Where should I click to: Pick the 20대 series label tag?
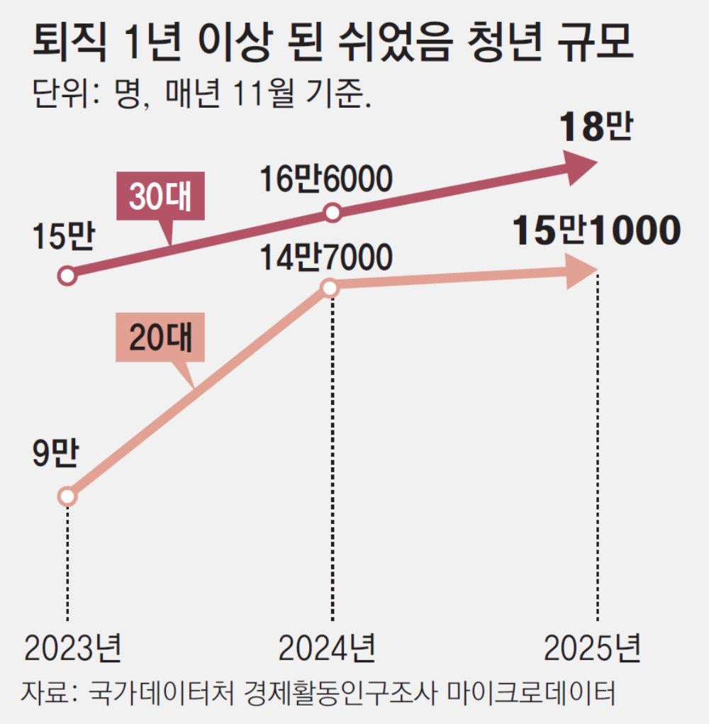(x=160, y=338)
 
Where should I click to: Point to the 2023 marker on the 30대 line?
(x=67, y=275)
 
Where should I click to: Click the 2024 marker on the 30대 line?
(x=333, y=212)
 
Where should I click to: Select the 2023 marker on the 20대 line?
(x=67, y=496)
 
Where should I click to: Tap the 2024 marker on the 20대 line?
(x=330, y=287)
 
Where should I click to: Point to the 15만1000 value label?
(x=597, y=231)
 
